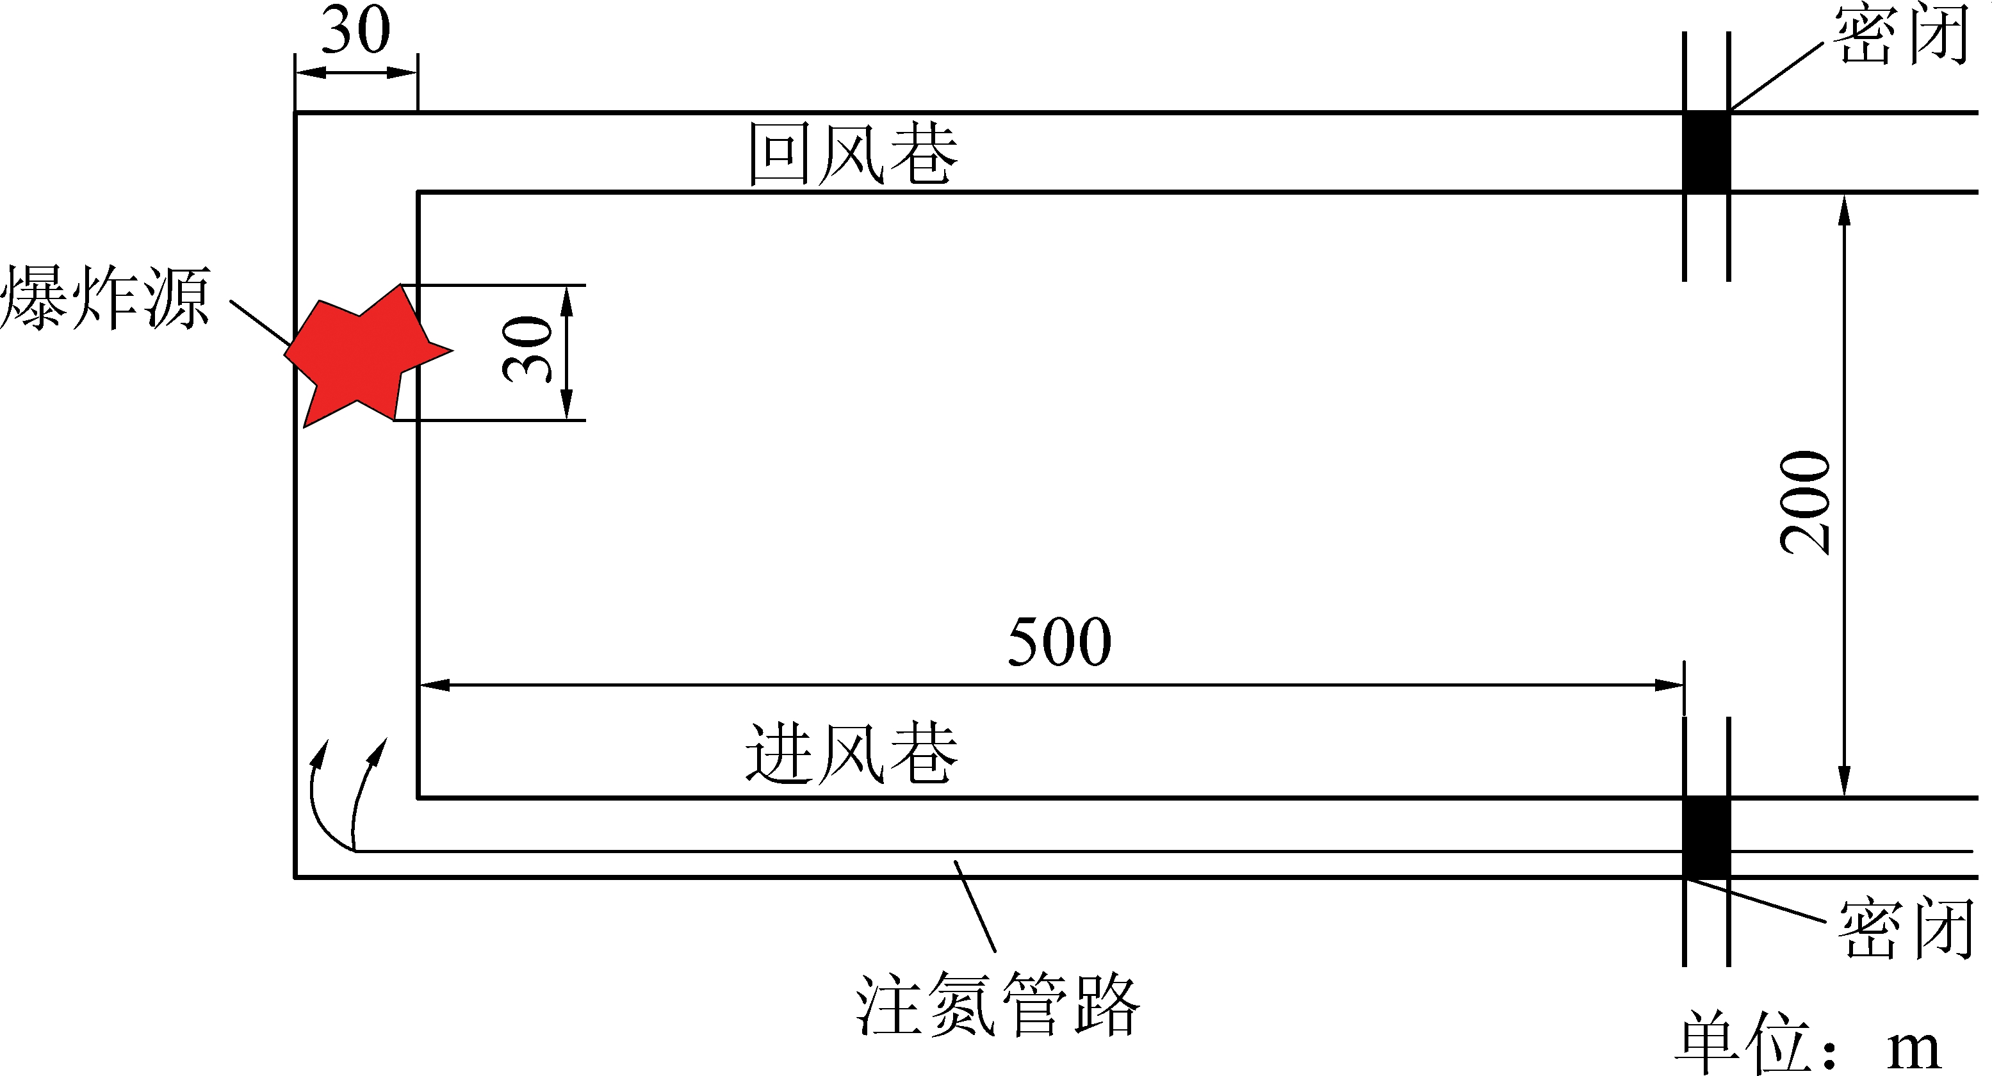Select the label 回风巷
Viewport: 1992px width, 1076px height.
click(852, 154)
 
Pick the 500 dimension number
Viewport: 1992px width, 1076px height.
click(1059, 642)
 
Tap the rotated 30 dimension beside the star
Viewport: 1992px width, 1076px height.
click(528, 350)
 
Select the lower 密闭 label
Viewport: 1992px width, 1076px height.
click(1906, 928)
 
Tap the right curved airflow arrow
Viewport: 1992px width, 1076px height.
click(366, 788)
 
